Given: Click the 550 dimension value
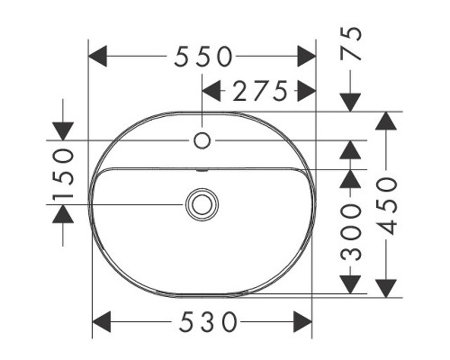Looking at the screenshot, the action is [x=203, y=57].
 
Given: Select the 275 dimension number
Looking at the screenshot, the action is [x=260, y=91].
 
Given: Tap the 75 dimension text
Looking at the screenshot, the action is [x=350, y=43].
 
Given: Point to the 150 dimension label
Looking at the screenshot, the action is [x=63, y=175].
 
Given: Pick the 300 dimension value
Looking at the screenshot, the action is [x=350, y=231].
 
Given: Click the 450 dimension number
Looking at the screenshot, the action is [x=386, y=206].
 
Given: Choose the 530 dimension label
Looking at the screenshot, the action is [x=208, y=322].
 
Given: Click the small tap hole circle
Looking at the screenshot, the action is [x=202, y=140].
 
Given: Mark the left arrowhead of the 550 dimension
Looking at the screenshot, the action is [x=97, y=56].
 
